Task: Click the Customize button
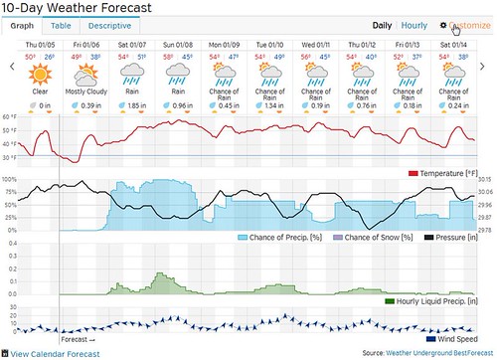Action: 465,26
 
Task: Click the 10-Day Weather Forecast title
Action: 78,8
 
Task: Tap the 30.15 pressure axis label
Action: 486,180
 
